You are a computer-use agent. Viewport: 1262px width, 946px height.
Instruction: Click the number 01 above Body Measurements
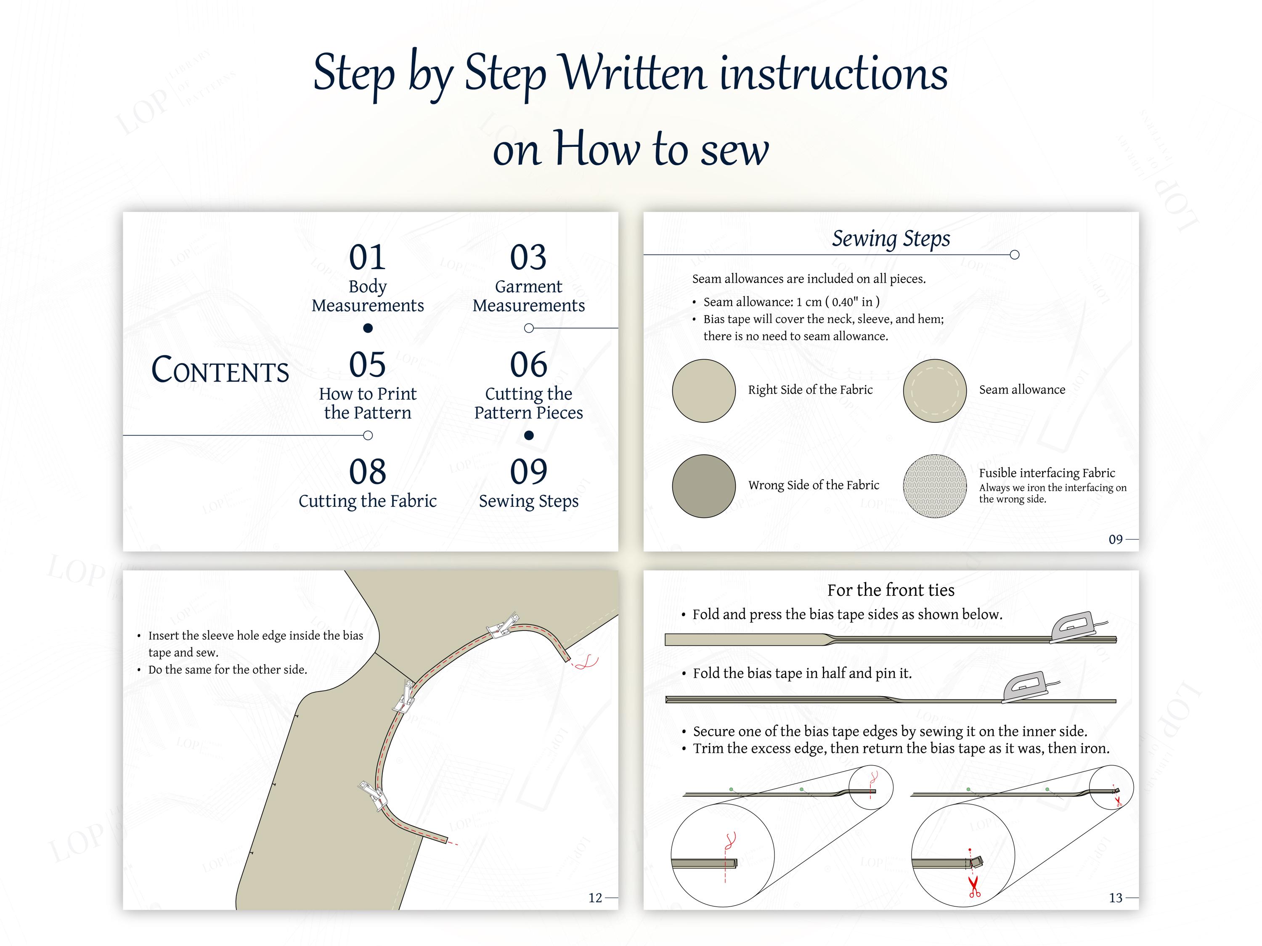(367, 257)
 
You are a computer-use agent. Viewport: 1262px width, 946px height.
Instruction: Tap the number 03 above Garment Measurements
(528, 257)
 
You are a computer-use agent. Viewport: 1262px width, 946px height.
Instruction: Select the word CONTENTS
(220, 370)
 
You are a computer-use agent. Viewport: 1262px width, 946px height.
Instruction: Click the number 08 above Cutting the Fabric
(367, 472)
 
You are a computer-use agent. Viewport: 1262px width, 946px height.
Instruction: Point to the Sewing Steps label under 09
(528, 501)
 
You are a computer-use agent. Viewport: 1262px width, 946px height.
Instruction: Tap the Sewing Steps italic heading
(891, 238)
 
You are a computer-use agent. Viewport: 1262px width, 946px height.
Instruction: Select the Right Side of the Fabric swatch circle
(703, 391)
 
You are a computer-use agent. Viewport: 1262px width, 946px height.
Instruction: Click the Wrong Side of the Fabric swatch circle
(703, 486)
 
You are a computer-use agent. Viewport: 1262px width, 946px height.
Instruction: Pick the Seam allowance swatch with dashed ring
(935, 391)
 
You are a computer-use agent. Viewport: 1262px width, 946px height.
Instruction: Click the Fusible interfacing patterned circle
(935, 486)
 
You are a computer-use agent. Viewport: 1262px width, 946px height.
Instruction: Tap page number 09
(1115, 539)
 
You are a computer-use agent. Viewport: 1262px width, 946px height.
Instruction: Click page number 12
(595, 898)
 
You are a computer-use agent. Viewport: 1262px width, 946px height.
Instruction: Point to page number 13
(1115, 898)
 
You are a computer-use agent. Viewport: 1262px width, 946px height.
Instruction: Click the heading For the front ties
(891, 590)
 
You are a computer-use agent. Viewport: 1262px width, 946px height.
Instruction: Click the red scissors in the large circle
(973, 886)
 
